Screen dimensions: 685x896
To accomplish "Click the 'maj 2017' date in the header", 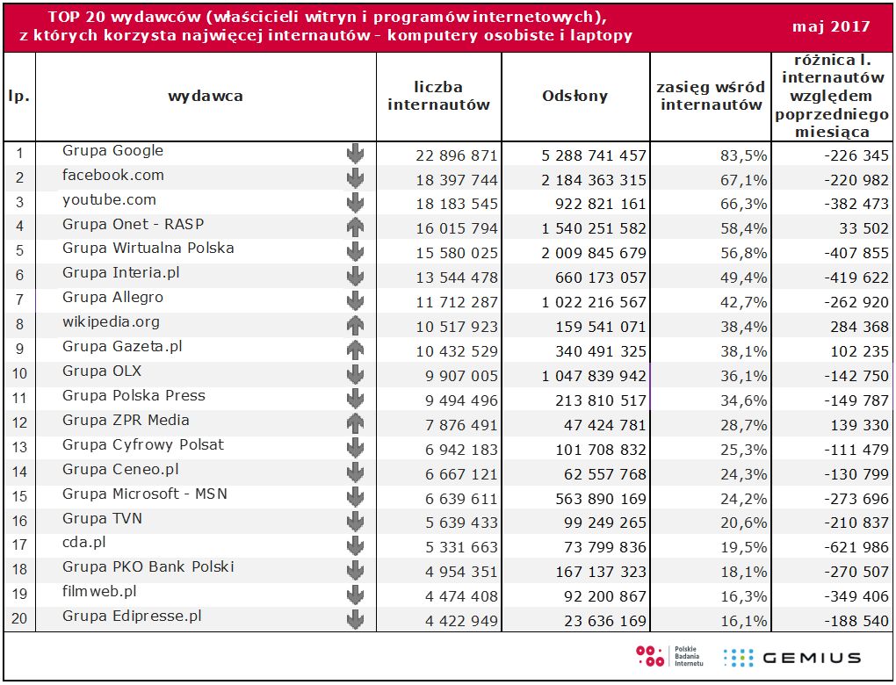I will click(831, 26).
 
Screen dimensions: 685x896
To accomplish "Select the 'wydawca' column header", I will click(206, 96).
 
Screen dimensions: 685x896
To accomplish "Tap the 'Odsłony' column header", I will click(574, 97).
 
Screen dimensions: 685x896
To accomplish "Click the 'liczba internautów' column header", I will click(438, 97).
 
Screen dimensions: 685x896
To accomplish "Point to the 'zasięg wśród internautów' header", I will click(712, 97).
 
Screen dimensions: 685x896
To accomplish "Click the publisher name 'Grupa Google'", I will click(112, 151).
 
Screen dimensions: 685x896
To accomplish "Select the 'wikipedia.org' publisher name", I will click(111, 321).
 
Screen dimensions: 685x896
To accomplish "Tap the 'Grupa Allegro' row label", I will click(112, 298).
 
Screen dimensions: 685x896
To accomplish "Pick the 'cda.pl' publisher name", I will click(84, 543).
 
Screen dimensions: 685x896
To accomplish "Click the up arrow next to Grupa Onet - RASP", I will click(355, 227).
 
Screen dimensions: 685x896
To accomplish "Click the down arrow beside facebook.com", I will click(355, 179).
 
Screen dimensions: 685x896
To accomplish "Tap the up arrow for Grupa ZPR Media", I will click(355, 423).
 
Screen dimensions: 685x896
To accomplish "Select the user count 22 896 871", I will click(456, 155).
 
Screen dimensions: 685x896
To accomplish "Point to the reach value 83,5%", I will click(746, 155).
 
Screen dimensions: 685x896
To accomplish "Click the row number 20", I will click(18, 619).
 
